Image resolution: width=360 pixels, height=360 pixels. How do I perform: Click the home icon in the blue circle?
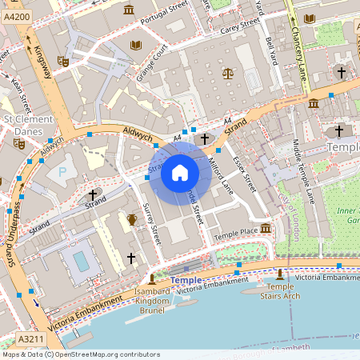pyautogui.click(x=180, y=172)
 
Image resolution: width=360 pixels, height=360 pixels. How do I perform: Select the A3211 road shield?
pyautogui.click(x=30, y=339)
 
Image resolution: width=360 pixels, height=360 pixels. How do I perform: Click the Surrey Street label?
pyautogui.click(x=151, y=224)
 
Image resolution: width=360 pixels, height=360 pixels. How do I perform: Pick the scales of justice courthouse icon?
pyautogui.click(x=229, y=74)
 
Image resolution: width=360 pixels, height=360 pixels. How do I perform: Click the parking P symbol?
pyautogui.click(x=62, y=171)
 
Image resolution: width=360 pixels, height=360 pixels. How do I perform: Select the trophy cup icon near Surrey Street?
pyautogui.click(x=132, y=218)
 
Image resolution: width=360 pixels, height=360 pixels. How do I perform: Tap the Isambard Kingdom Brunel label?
pyautogui.click(x=151, y=301)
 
